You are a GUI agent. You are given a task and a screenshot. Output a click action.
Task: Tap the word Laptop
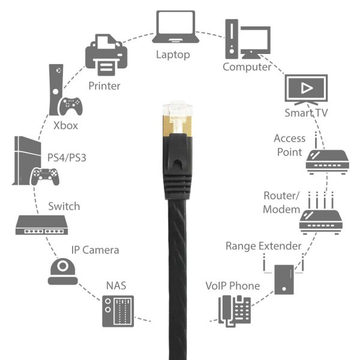[173, 55]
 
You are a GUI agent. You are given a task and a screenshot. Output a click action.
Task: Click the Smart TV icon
[305, 91]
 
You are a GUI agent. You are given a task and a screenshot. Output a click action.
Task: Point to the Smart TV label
[307, 113]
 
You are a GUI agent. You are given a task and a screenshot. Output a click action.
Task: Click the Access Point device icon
[326, 162]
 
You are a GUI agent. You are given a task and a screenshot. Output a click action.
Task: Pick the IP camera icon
[63, 272]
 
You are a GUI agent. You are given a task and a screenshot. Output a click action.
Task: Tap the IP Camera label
[95, 250]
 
